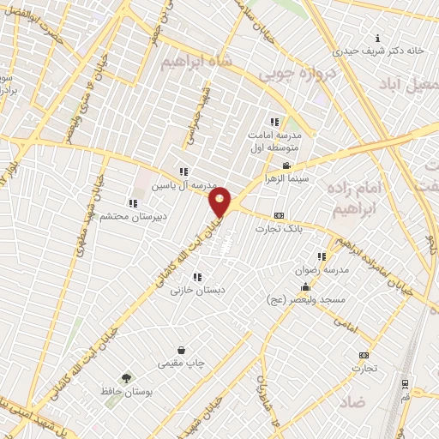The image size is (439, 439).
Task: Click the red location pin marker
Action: (x=220, y=201)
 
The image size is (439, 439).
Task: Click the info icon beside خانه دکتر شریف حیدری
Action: (x=378, y=38)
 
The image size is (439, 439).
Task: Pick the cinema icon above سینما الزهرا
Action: (x=287, y=165)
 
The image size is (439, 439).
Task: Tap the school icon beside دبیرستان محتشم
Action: (x=133, y=203)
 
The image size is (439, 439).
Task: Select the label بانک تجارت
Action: (x=279, y=229)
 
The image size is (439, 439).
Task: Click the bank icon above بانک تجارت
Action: (x=279, y=216)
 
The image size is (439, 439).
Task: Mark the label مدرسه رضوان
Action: (x=322, y=269)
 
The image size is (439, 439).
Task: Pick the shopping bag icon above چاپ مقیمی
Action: (x=182, y=350)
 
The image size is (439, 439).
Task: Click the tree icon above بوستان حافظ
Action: (x=126, y=378)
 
